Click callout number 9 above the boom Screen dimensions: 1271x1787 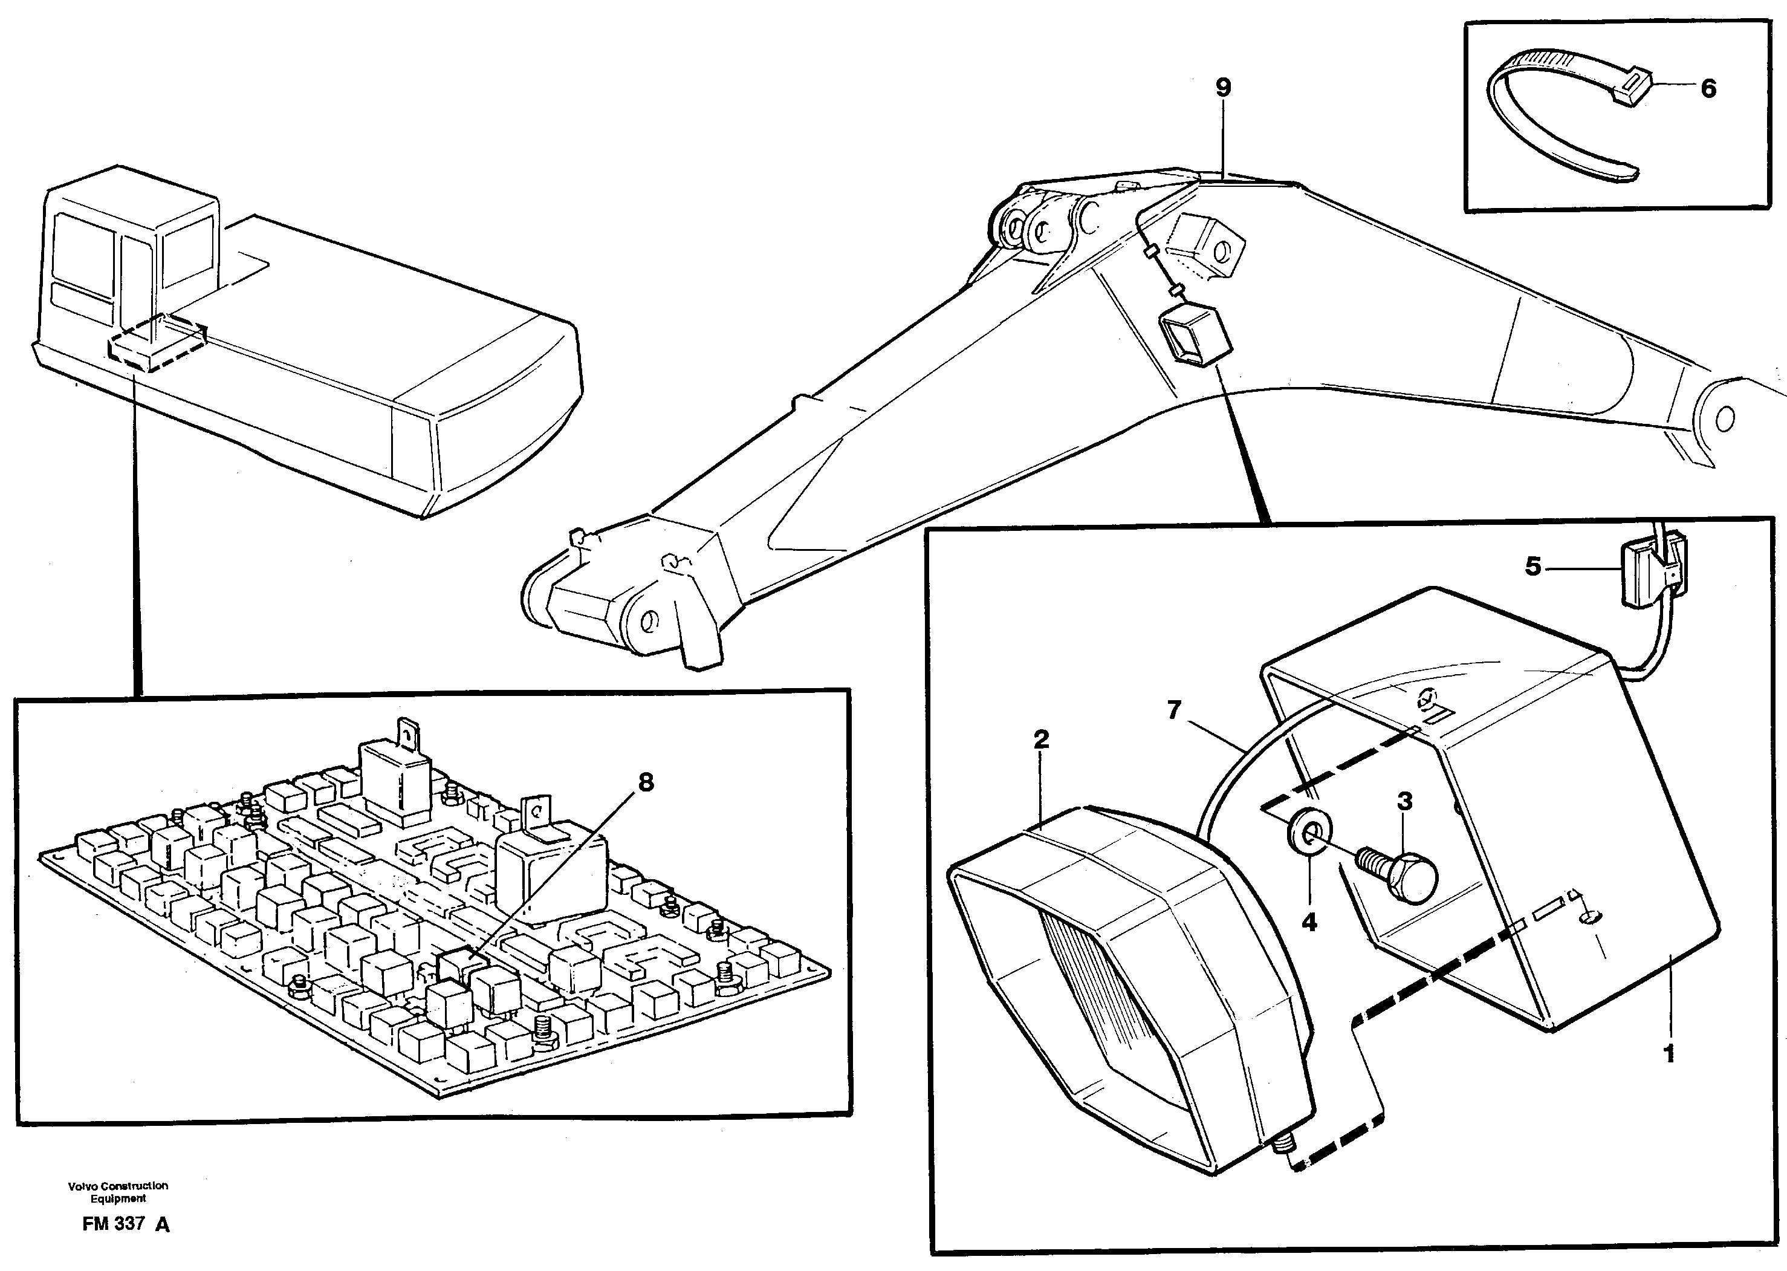1223,88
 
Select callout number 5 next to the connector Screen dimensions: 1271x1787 1532,566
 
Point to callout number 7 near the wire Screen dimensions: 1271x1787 1173,710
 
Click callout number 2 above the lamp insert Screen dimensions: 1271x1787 1040,739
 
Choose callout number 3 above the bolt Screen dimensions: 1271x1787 1404,801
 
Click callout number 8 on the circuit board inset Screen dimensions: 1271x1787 646,782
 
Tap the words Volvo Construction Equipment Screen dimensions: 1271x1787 118,1192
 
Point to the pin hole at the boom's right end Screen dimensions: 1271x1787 1724,418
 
